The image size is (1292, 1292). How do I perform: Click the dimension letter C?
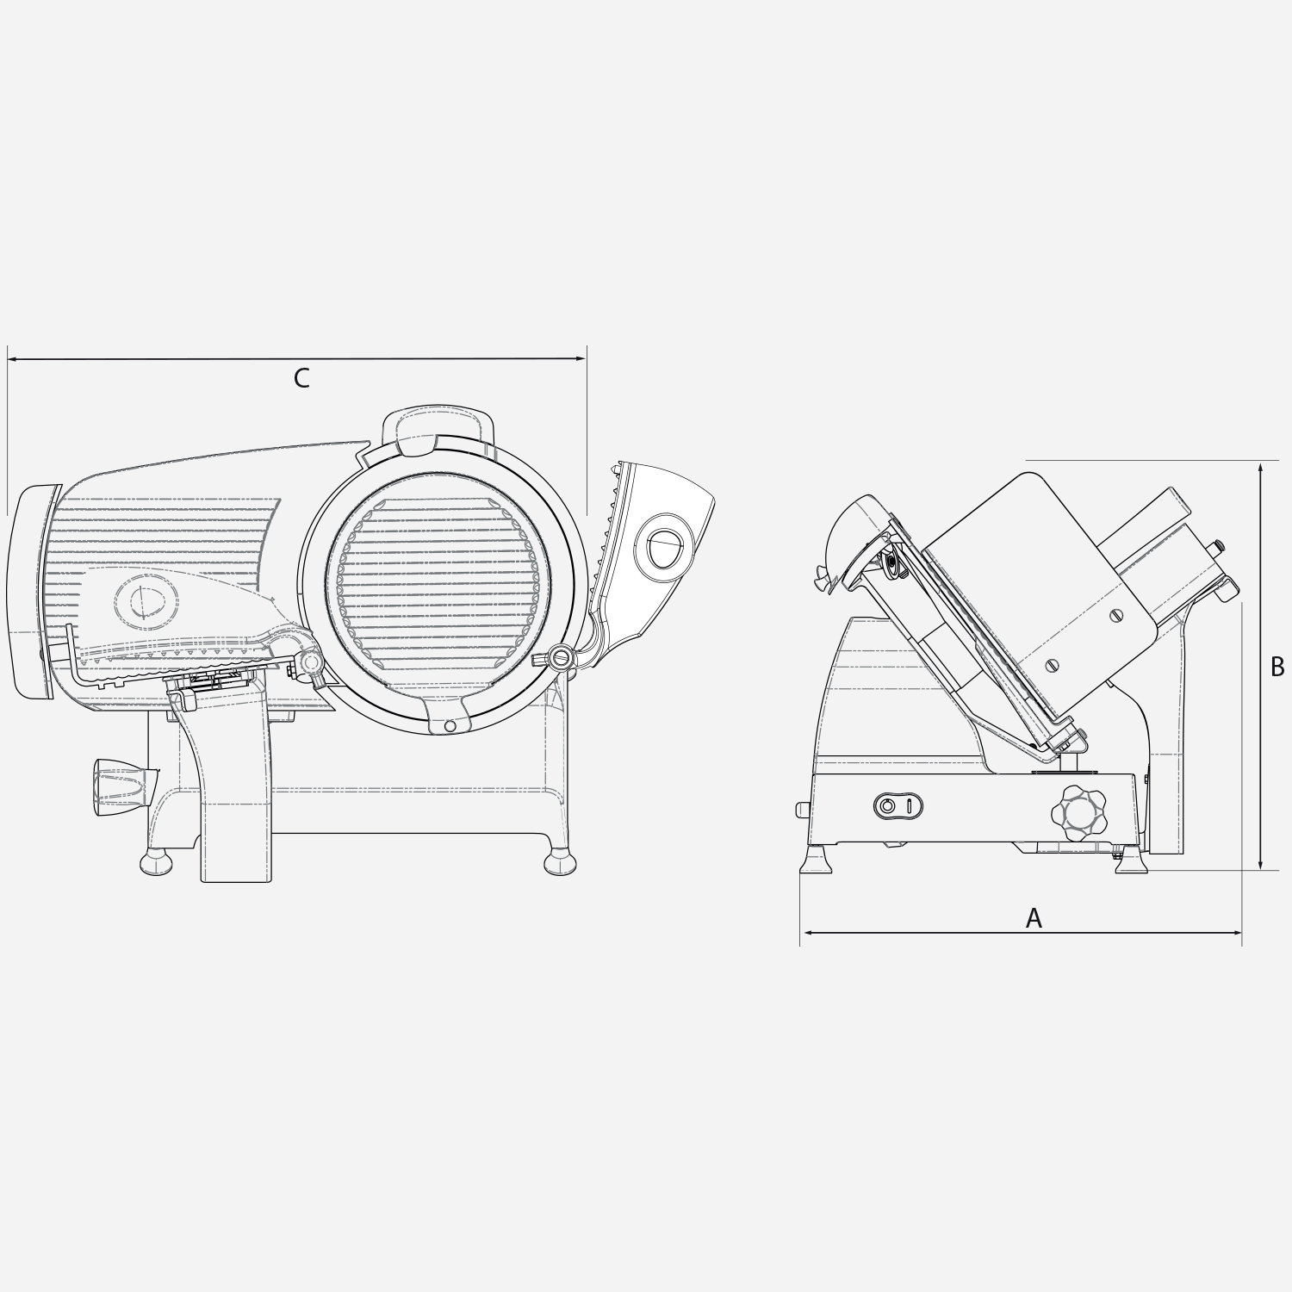pos(301,378)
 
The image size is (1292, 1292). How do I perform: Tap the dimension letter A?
pos(1034,918)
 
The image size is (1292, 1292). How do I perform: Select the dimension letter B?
pos(1277,666)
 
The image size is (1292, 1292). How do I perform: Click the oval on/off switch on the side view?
pos(898,806)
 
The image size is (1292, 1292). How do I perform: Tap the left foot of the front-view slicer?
pos(156,861)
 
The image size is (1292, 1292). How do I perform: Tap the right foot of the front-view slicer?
pos(560,861)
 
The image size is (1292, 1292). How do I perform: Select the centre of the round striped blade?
pos(438,585)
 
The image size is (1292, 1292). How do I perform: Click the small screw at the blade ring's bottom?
pos(449,726)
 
